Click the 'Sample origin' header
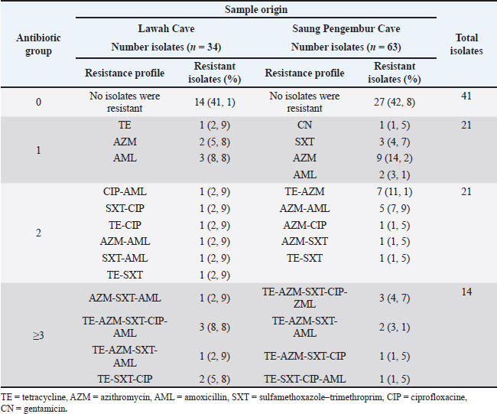pos(256,9)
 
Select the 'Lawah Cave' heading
pos(166,28)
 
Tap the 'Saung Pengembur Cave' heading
pos(346,28)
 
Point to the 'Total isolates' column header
pos(466,44)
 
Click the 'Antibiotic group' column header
pos(38,44)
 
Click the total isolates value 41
pos(466,96)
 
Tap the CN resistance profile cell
pos(304,125)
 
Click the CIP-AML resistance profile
pos(125,191)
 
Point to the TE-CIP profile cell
pos(125,225)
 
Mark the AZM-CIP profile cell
pos(304,225)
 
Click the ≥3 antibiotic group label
pos(38,335)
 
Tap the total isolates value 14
pos(466,292)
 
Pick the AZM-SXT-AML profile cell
pos(125,298)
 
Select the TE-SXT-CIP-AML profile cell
pos(304,379)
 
